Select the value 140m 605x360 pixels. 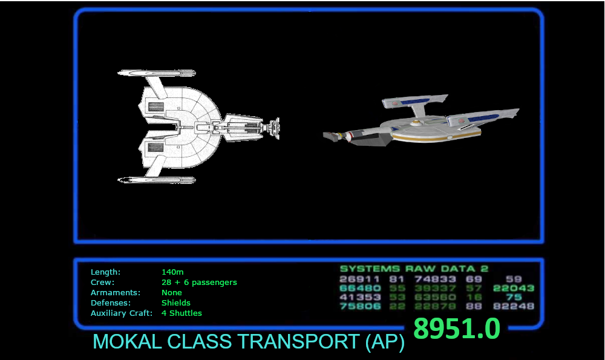[172, 272]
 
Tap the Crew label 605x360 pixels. [102, 283]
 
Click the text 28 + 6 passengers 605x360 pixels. [199, 283]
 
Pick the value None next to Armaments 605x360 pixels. [172, 293]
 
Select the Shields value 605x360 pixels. [176, 303]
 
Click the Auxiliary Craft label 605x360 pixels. [122, 313]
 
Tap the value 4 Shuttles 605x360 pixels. [181, 313]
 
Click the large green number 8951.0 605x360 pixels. [457, 329]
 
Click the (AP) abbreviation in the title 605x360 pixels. [385, 342]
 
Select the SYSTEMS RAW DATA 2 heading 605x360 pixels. [414, 269]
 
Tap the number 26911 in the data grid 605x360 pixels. [360, 280]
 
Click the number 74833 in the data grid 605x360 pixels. [435, 280]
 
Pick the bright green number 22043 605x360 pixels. [514, 289]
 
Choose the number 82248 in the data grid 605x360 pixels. [514, 307]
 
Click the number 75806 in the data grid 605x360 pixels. [360, 307]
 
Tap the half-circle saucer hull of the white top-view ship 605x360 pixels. [194, 127]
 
